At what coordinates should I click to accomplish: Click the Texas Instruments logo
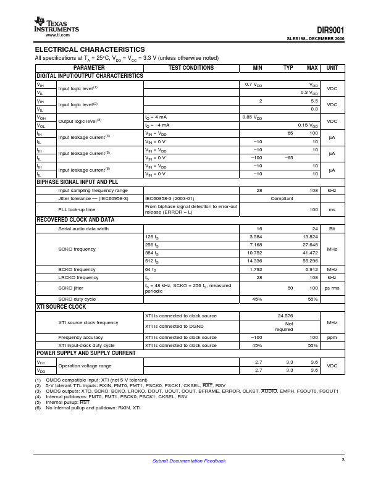(56, 25)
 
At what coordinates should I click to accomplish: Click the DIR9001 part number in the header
(330, 30)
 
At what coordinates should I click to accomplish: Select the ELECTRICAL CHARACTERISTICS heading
(90, 49)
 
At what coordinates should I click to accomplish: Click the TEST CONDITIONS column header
(191, 68)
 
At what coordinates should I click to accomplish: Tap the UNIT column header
(332, 68)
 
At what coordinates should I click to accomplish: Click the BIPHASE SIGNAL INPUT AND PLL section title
(77, 183)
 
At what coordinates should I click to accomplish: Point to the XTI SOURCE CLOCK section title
(61, 307)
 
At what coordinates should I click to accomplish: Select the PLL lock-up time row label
(77, 210)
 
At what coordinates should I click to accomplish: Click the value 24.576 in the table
(283, 316)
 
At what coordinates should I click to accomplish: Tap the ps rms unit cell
(332, 288)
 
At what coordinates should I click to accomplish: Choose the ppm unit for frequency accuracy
(332, 338)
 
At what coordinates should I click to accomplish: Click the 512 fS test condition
(152, 261)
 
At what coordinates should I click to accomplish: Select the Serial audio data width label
(83, 228)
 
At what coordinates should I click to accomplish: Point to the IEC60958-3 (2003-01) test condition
(169, 199)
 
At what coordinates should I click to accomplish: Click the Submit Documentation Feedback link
(189, 461)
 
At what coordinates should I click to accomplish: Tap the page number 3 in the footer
(343, 459)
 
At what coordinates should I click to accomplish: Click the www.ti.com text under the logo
(57, 35)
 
